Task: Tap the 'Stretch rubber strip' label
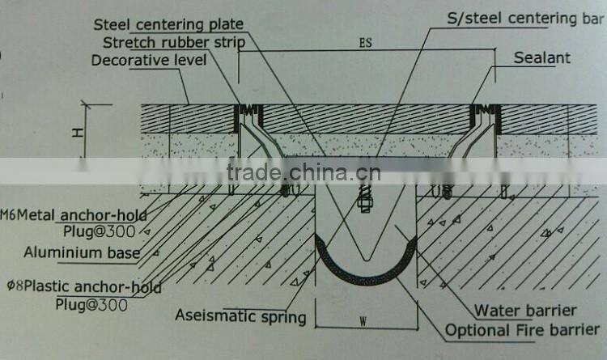[172, 42]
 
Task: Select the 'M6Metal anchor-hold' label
[73, 214]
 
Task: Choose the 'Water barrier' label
[525, 310]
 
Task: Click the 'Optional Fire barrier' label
[523, 330]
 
